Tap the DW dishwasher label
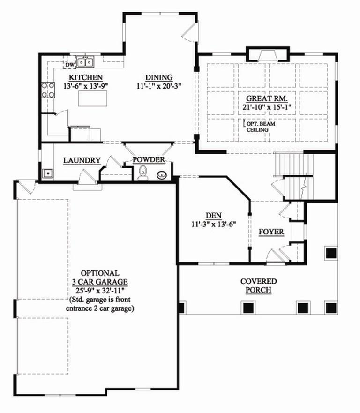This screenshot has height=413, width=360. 70,65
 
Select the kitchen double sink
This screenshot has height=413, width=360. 85,61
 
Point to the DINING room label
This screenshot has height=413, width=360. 158,77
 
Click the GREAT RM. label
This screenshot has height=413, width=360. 267,99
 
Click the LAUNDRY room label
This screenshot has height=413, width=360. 82,161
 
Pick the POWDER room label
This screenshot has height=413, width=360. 149,160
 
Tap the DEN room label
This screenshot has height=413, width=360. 213,215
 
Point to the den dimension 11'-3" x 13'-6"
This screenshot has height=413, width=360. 213,224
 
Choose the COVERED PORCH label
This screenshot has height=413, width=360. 258,285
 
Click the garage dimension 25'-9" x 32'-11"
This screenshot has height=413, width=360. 99,290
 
